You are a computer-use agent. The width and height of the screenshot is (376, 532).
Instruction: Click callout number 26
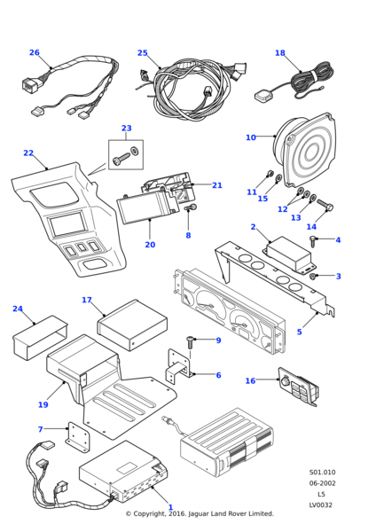(35, 52)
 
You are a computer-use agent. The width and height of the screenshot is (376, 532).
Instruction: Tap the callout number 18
(280, 53)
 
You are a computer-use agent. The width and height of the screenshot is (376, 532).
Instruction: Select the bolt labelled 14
(325, 205)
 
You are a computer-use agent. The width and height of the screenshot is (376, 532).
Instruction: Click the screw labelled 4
(312, 241)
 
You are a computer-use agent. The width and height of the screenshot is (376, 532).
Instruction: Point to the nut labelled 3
(314, 277)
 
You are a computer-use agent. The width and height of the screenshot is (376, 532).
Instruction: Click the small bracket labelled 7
(78, 438)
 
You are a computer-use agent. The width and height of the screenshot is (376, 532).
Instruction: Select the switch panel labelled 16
(299, 387)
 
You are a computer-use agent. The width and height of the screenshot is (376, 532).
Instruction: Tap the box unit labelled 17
(132, 325)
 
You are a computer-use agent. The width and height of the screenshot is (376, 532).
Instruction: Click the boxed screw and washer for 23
(126, 154)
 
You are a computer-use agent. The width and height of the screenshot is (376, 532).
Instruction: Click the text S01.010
(322, 473)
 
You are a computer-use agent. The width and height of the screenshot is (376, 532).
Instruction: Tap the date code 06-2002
(322, 483)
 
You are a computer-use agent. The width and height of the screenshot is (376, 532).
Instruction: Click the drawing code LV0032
(321, 505)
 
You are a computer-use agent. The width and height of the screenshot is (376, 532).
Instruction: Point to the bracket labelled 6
(179, 367)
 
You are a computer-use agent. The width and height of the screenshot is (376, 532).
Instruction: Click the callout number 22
(28, 153)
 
